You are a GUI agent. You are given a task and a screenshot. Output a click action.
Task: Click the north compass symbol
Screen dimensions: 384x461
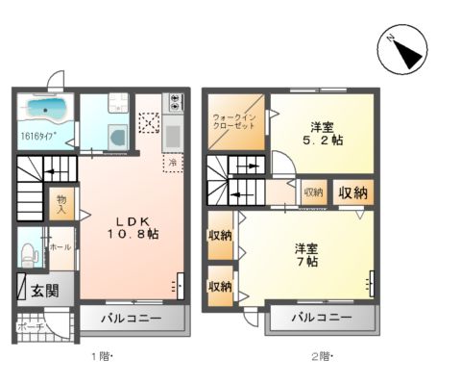pos(402,49)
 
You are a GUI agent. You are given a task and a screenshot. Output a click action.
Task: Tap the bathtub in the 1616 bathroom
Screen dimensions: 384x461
pos(45,109)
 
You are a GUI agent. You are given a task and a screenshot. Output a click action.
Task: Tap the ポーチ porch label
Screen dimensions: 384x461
pos(30,325)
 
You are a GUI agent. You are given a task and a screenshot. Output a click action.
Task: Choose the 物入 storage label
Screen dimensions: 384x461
pos(61,204)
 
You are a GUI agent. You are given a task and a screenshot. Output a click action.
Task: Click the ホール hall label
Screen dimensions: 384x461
pos(61,246)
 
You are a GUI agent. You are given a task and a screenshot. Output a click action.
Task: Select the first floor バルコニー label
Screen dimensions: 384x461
pos(128,317)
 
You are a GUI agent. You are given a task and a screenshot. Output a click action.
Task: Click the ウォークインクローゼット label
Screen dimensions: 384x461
pos(235,121)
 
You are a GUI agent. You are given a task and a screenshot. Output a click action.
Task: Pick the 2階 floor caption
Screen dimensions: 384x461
pos(321,357)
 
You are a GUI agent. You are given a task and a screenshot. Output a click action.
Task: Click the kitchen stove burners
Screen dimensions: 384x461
pos(174,102)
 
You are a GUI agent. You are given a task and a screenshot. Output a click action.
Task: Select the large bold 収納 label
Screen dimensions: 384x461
pos(352,192)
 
